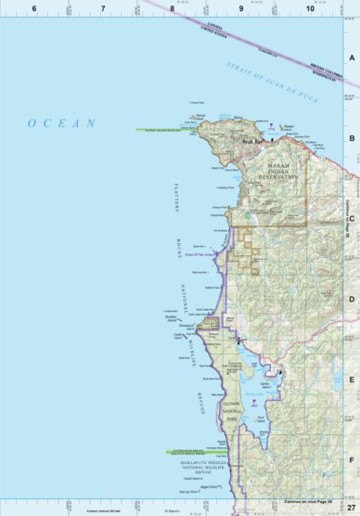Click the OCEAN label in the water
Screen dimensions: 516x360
(x=61, y=123)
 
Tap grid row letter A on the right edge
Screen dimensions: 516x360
(x=352, y=57)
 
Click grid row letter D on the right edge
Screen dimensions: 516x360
(x=352, y=299)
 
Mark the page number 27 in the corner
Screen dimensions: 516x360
(x=350, y=508)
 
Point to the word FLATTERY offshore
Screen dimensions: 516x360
(x=173, y=198)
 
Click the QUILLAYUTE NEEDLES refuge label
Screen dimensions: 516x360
(x=199, y=459)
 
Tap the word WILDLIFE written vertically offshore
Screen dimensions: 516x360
(x=192, y=353)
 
